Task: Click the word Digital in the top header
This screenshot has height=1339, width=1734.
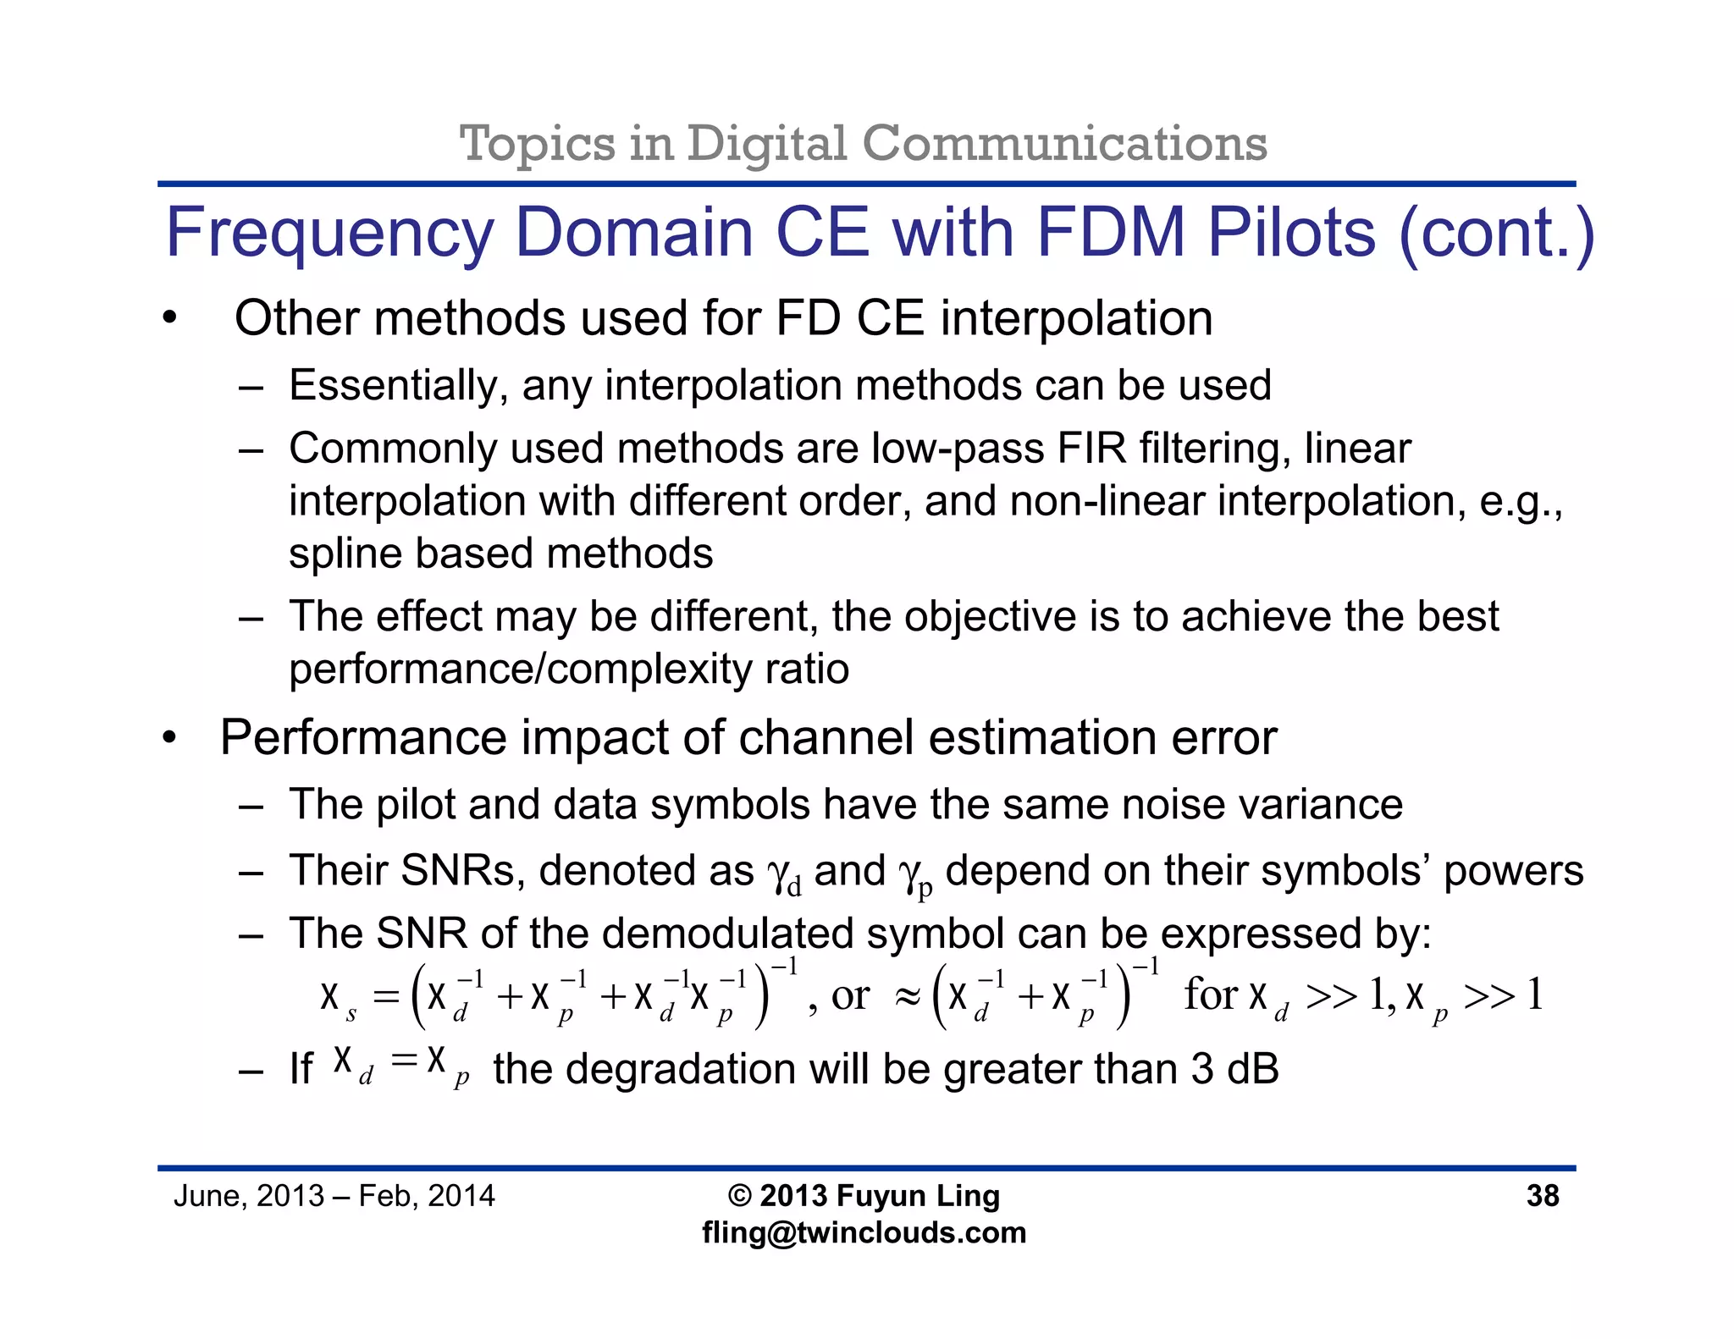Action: [766, 144]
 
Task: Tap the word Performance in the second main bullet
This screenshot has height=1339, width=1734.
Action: [360, 738]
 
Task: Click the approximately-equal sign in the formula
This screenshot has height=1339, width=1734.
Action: [907, 998]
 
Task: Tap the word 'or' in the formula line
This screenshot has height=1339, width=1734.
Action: [850, 996]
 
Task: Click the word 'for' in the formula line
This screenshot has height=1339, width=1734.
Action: [1211, 995]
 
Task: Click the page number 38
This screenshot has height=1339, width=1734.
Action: [1542, 1196]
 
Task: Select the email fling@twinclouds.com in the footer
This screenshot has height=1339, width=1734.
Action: [864, 1233]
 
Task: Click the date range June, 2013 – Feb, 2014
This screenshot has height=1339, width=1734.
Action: [334, 1196]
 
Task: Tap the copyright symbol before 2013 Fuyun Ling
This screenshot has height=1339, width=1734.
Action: [739, 1196]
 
